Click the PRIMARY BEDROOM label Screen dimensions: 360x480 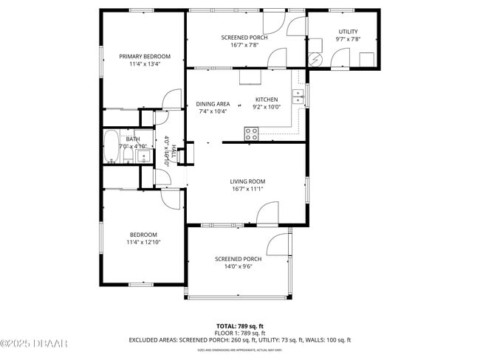pos(145,56)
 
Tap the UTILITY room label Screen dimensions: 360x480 pos(347,31)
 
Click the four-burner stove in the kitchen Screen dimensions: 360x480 pos(252,134)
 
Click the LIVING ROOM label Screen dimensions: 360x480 pos(247,181)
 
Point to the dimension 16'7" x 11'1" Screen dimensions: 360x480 pos(247,190)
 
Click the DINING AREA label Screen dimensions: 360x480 pos(213,104)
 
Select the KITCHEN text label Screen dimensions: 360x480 pos(267,100)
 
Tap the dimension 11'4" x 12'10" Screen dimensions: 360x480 pos(143,242)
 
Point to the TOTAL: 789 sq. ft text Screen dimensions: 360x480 pos(239,325)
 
